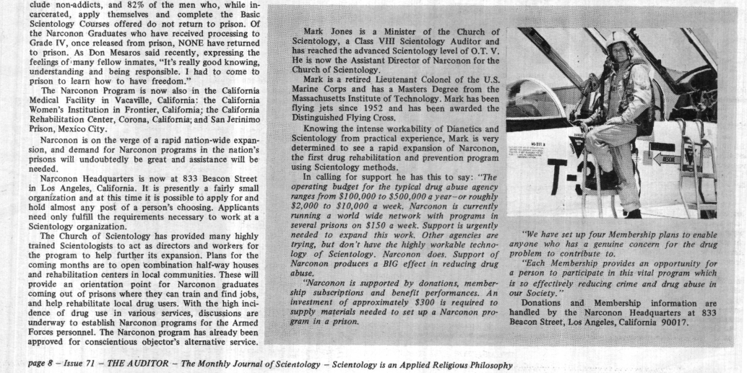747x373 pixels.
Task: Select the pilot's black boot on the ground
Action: pos(634,213)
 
